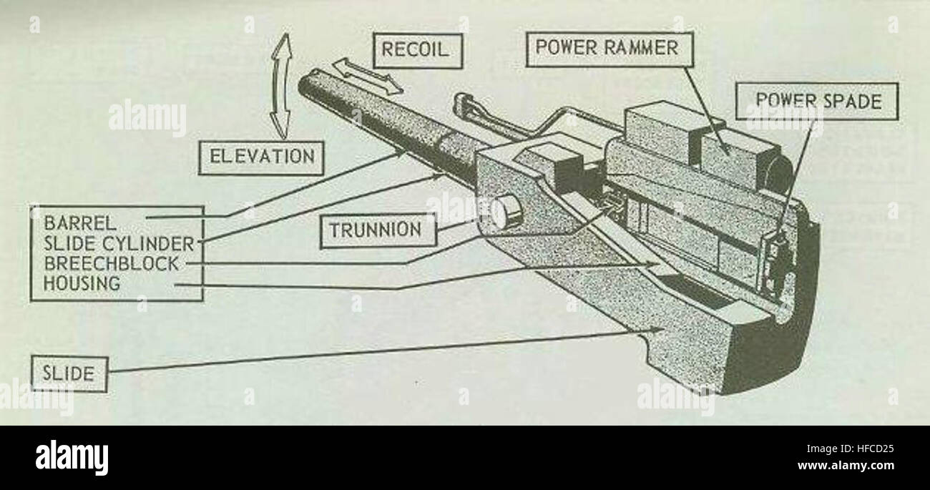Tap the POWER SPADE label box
817,102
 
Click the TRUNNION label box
375,230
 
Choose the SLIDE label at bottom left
69,374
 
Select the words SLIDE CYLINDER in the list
118,242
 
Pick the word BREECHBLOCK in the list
111,263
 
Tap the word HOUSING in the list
82,283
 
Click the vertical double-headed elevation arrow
284,86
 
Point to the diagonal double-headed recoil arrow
368,77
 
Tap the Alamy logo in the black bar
72,458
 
